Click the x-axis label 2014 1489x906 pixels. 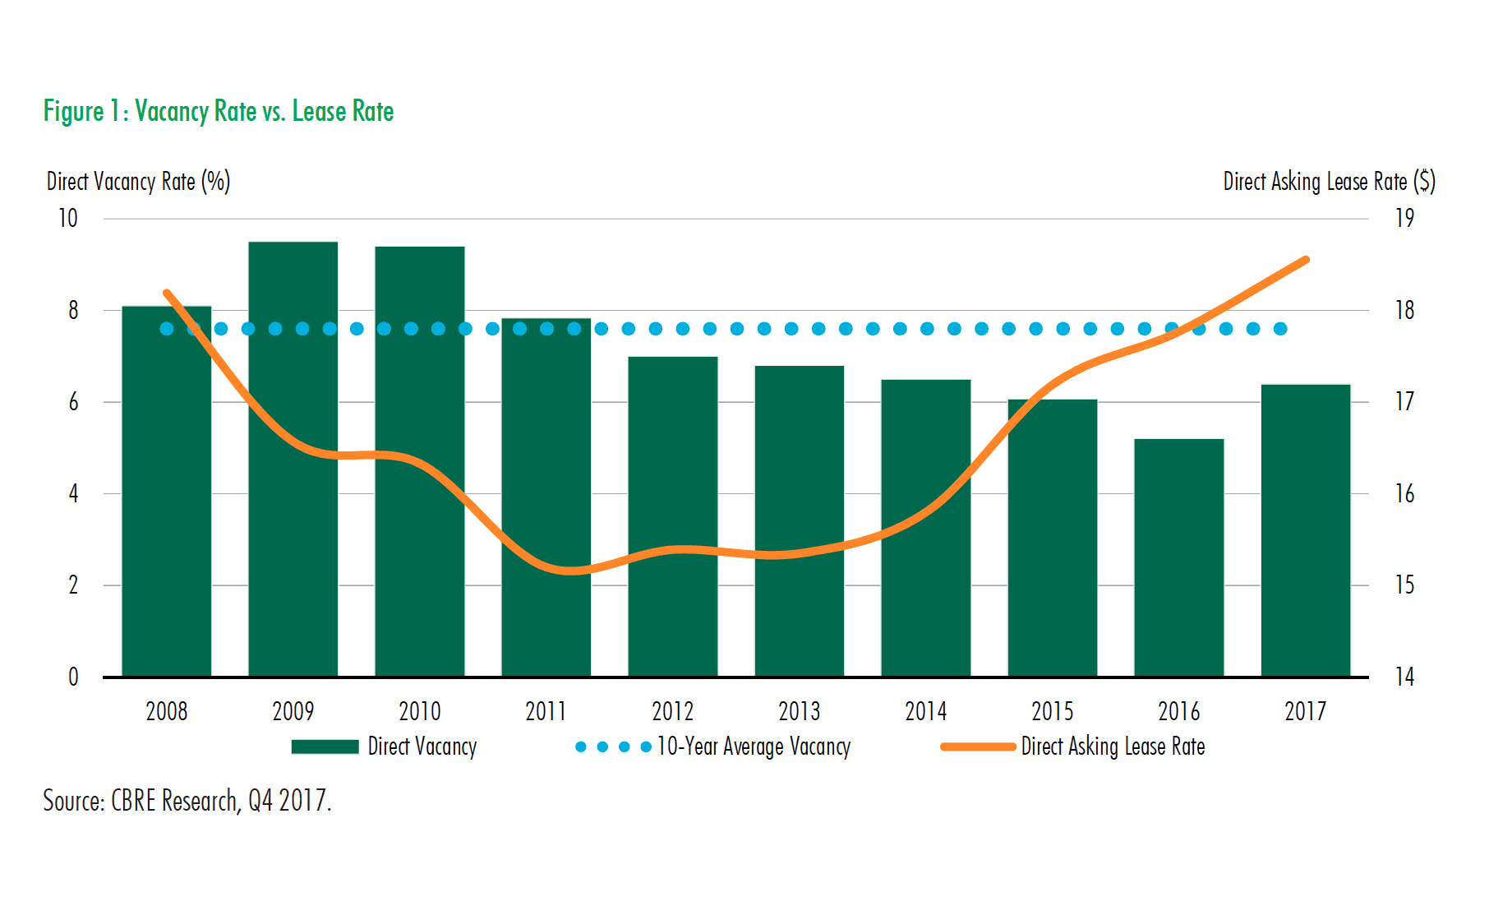click(x=925, y=711)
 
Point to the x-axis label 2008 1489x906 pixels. click(x=167, y=711)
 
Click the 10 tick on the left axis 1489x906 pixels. click(x=68, y=219)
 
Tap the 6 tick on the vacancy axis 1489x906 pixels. click(x=73, y=402)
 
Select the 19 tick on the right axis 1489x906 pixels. click(x=1404, y=219)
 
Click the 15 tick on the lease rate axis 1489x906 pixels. click(x=1404, y=585)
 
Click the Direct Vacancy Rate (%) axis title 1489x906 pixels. click(x=138, y=182)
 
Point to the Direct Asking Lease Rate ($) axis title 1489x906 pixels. click(x=1329, y=182)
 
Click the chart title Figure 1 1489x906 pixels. click(x=219, y=111)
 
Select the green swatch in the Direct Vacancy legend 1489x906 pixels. click(x=325, y=747)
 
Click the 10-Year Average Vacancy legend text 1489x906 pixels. click(x=754, y=747)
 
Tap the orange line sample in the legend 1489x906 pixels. click(x=978, y=747)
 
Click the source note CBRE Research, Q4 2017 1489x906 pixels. click(x=187, y=800)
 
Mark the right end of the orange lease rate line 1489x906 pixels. click(x=1306, y=260)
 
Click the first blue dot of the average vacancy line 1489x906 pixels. click(x=167, y=329)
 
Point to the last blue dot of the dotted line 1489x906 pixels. click(x=1279, y=329)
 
